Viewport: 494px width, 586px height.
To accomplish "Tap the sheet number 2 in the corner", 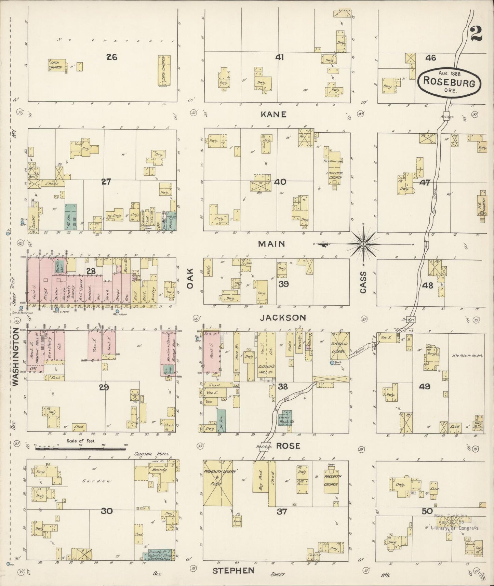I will [476, 33].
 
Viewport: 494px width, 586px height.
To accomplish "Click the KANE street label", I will [273, 114].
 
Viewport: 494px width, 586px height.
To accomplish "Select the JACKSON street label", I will [283, 318].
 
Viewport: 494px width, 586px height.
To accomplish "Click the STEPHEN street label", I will [233, 570].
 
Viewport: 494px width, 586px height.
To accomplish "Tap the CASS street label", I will [363, 282].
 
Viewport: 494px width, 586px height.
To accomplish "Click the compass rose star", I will [363, 244].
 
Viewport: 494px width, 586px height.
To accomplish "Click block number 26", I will [111, 57].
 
